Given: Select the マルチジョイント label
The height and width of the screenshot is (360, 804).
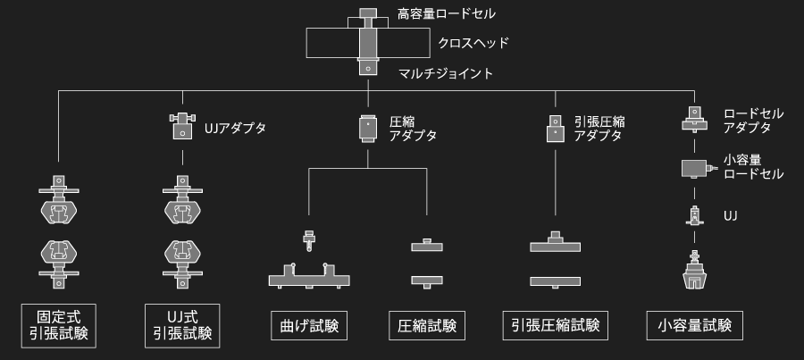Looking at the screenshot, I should (446, 73).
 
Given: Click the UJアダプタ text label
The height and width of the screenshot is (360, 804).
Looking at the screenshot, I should (236, 128).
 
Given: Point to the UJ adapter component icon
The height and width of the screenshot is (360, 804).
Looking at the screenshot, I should (182, 126).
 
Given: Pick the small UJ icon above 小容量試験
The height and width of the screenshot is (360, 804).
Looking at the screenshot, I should (693, 215).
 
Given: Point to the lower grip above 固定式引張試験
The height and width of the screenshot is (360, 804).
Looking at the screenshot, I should (59, 259).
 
